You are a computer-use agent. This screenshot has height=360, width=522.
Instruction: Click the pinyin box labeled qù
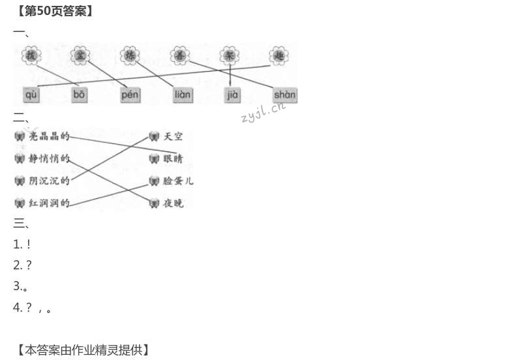31,95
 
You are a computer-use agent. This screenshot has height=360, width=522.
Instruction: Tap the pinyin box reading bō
79,95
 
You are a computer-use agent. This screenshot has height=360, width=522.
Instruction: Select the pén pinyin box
130,95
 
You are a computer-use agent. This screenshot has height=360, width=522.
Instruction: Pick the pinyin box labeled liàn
182,95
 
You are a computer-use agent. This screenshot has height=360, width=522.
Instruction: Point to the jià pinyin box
232,95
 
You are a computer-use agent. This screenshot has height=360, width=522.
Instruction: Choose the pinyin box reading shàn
284,95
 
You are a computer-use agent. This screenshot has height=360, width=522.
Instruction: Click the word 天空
174,136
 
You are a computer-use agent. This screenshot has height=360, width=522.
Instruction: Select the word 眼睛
174,158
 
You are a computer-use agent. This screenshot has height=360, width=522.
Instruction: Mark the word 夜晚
174,203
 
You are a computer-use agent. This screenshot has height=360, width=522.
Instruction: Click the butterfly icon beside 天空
154,136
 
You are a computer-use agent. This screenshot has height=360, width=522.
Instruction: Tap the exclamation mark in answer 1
29,244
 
